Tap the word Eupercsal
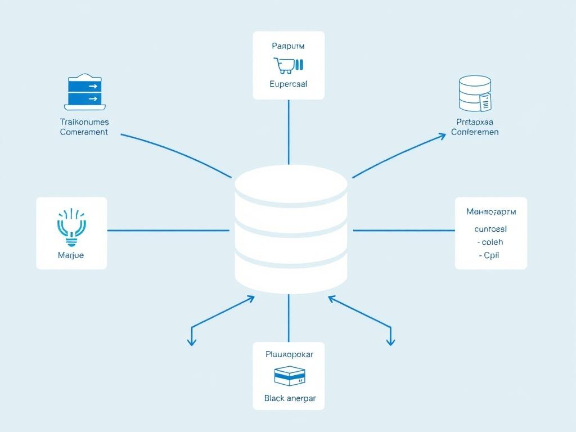(289, 84)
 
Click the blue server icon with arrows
(85, 91)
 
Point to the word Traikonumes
(84, 121)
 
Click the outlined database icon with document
(474, 94)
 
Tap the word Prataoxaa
(475, 121)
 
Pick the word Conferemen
(475, 132)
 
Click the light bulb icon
(71, 228)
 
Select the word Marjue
(71, 255)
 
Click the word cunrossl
(490, 229)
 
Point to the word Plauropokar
(289, 354)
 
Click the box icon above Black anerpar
(289, 376)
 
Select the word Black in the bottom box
(275, 398)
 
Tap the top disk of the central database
(291, 183)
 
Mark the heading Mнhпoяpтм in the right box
(490, 212)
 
